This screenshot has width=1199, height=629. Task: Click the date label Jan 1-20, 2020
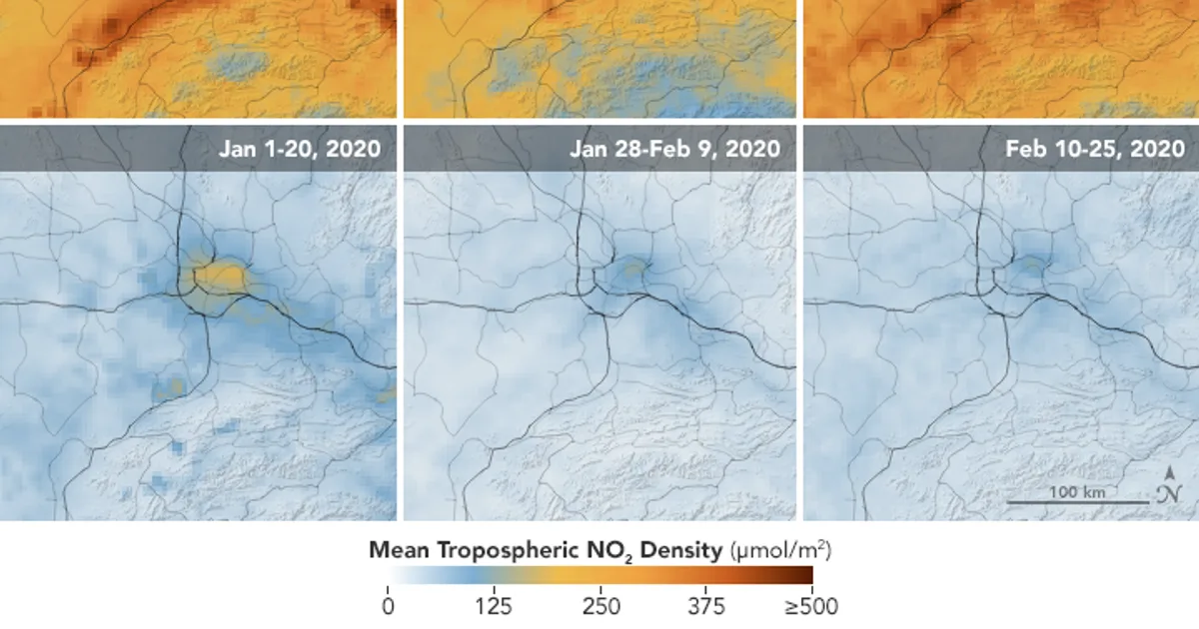[x=300, y=149]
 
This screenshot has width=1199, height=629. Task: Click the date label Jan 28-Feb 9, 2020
[x=675, y=149]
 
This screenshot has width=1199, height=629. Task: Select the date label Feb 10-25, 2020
[x=1095, y=149]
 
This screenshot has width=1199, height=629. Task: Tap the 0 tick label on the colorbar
[x=388, y=607]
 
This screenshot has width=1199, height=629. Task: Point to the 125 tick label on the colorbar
[x=494, y=607]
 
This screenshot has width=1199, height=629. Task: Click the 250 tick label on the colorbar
[x=601, y=607]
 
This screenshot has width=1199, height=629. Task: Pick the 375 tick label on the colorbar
[x=706, y=607]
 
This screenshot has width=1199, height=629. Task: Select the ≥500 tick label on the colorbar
[x=811, y=607]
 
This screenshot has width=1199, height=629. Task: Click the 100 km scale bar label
[x=1077, y=492]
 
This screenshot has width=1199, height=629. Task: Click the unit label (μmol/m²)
[x=781, y=550]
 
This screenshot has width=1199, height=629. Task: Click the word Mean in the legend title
[x=399, y=550]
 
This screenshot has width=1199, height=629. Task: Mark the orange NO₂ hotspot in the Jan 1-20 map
[x=220, y=276]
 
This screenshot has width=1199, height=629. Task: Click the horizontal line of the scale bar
[x=1077, y=503]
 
